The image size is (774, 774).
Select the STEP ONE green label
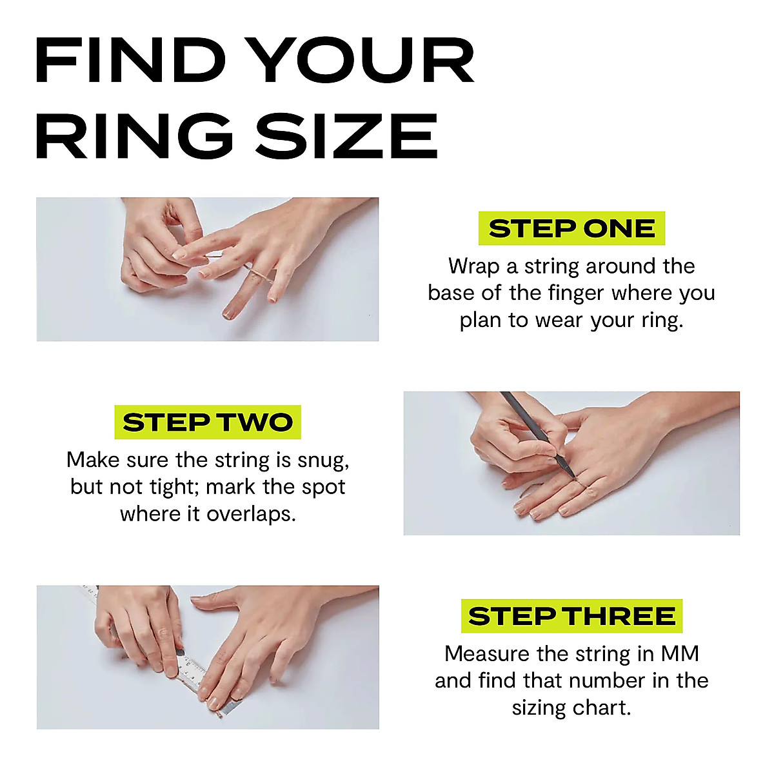(x=571, y=228)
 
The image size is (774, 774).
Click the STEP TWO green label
(x=208, y=422)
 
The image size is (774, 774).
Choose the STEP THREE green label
(x=571, y=616)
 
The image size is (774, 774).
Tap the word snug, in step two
(x=322, y=461)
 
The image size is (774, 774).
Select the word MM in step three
(x=680, y=654)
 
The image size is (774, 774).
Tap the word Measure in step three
(x=487, y=654)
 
